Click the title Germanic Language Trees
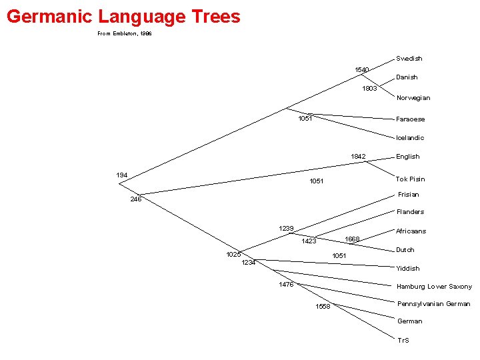(123, 16)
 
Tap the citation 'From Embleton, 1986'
(125, 33)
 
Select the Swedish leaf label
(409, 59)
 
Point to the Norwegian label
(413, 98)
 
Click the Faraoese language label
(411, 119)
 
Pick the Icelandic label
(410, 138)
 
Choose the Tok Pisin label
(411, 179)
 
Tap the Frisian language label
(409, 195)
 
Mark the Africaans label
(411, 231)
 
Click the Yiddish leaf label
(408, 269)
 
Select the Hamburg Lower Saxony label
(435, 287)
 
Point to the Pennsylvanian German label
(434, 304)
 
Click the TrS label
(403, 341)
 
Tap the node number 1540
(362, 69)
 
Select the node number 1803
(369, 89)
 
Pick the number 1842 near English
(359, 157)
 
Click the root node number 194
(122, 175)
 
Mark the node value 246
(136, 199)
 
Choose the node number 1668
(352, 239)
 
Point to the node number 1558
(323, 307)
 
